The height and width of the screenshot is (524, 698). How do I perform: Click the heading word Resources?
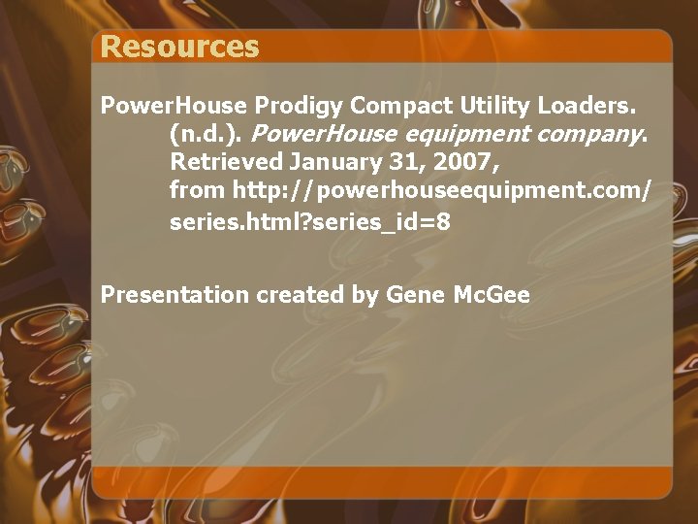[x=179, y=47]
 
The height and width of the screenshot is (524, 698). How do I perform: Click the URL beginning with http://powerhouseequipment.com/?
[x=441, y=189]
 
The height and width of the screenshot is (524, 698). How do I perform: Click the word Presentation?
[x=174, y=295]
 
